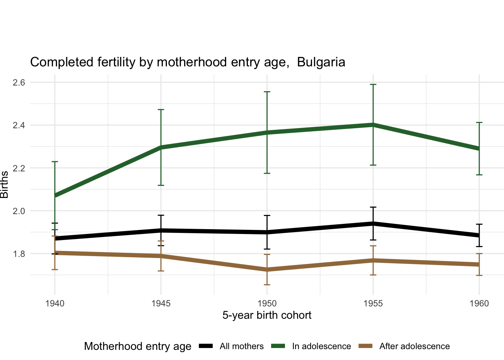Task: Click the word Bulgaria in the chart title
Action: tap(321, 62)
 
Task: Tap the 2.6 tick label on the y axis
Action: tap(19, 82)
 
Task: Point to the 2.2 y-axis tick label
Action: tap(19, 168)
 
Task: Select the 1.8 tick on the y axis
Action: tap(19, 254)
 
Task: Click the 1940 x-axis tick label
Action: tap(55, 303)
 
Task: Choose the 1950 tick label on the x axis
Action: tap(267, 303)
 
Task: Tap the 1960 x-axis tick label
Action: tap(479, 303)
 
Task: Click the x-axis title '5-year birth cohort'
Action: tap(267, 315)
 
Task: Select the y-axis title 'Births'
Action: tap(4, 184)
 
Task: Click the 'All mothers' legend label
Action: tap(241, 346)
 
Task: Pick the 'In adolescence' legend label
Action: tap(321, 346)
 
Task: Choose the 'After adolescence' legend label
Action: tap(414, 346)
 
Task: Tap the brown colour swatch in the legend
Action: tap(365, 346)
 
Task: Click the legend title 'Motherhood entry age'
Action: tap(138, 346)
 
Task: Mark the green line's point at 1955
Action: tap(373, 124)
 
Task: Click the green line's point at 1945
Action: tap(161, 147)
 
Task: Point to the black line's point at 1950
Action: tap(267, 232)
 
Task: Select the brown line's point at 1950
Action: tap(267, 270)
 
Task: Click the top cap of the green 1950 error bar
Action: tap(267, 91)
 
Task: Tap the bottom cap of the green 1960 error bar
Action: tap(479, 175)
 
